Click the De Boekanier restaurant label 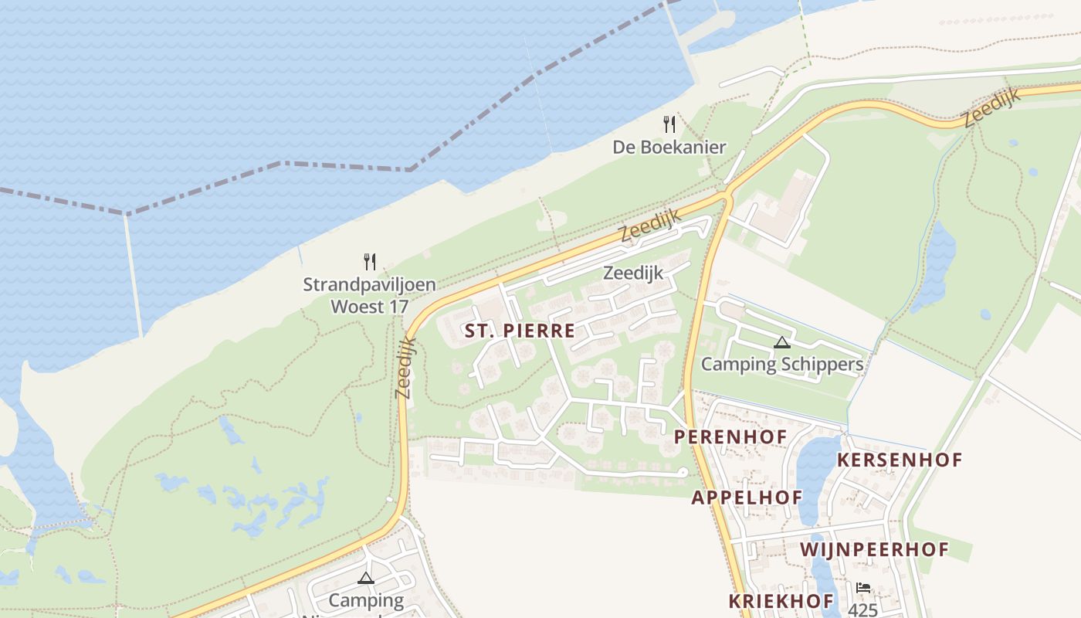[669, 147]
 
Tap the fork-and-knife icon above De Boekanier [669, 124]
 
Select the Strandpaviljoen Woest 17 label [369, 295]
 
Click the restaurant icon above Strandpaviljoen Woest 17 [370, 262]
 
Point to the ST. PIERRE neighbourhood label [520, 331]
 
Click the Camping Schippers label [781, 364]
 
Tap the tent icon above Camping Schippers [782, 342]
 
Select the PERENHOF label [730, 436]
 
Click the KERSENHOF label [900, 460]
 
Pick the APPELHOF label [747, 497]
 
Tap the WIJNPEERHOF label [874, 550]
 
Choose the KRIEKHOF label [781, 601]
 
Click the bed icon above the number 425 [863, 589]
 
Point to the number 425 [863, 610]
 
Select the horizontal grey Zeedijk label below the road [633, 273]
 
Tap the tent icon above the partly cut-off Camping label [365, 577]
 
